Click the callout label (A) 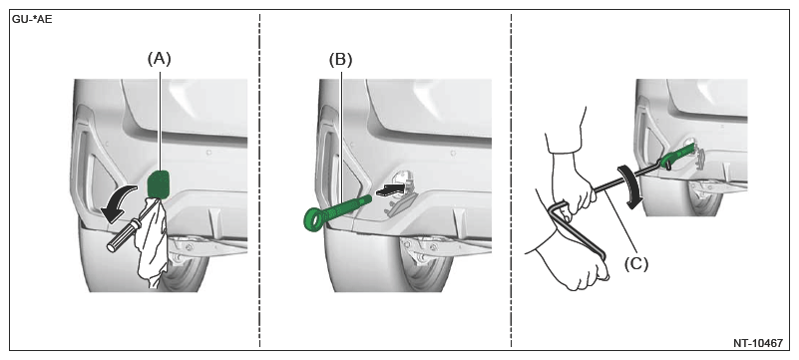tap(160, 59)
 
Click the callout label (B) tap(340, 60)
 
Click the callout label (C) tap(636, 263)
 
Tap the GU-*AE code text tap(33, 22)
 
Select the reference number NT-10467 tap(758, 343)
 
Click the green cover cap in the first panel tap(159, 184)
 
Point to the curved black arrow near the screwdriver tap(119, 204)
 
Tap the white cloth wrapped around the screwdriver tap(153, 244)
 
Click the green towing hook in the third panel tap(677, 156)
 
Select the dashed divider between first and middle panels tap(259, 180)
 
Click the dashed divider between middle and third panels tap(511, 180)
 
